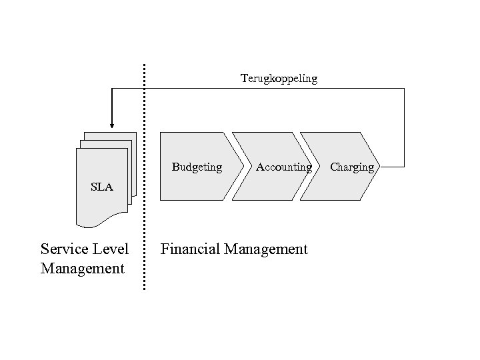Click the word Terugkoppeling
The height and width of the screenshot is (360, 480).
click(x=279, y=79)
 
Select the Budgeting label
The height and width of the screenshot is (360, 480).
click(x=197, y=167)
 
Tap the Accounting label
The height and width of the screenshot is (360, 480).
click(x=283, y=167)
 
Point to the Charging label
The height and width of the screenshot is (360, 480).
click(x=352, y=167)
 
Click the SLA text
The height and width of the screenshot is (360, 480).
click(x=102, y=187)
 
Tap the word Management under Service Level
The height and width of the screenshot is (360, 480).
click(x=82, y=269)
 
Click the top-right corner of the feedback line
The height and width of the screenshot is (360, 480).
click(x=404, y=89)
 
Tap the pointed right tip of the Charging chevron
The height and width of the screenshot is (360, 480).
click(x=377, y=166)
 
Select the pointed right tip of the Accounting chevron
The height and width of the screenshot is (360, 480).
click(x=311, y=166)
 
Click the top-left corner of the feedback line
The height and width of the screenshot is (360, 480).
click(x=111, y=89)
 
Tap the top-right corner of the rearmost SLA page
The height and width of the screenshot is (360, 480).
click(x=136, y=133)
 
